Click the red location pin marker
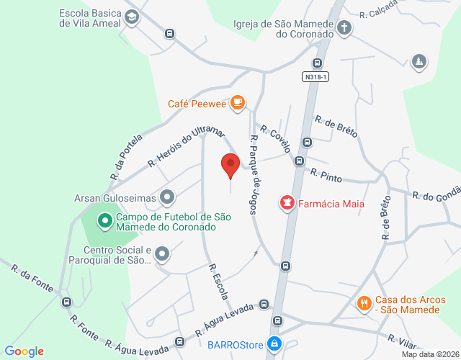pyautogui.click(x=230, y=165)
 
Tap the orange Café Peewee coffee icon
pyautogui.click(x=238, y=104)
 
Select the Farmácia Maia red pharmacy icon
pyautogui.click(x=287, y=204)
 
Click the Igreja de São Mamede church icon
pyautogui.click(x=344, y=28)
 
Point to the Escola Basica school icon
pyautogui.click(x=131, y=18)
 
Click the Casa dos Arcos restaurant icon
pyautogui.click(x=364, y=304)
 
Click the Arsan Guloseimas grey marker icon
pyautogui.click(x=167, y=196)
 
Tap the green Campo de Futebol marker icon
pyautogui.click(x=104, y=220)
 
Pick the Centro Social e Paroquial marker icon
pyautogui.click(x=162, y=253)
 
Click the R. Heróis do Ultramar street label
pyautogui.click(x=186, y=148)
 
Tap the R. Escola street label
pyautogui.click(x=218, y=282)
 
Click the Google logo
pyautogui.click(x=24, y=351)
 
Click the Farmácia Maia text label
pyautogui.click(x=332, y=204)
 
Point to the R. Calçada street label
pyautogui.click(x=380, y=12)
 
